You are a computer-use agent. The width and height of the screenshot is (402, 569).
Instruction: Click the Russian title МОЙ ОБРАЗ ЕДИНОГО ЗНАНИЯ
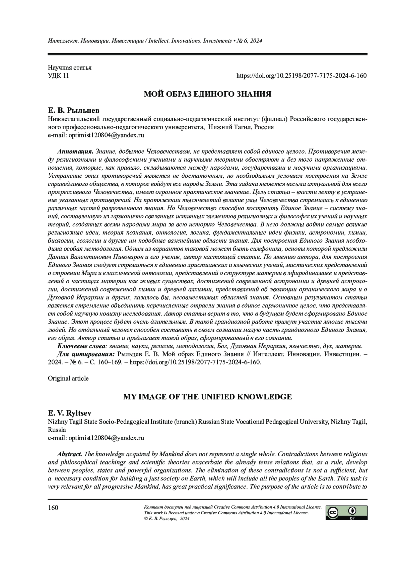click(207, 94)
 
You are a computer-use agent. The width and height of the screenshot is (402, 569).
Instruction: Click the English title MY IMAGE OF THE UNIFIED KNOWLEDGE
click(207, 397)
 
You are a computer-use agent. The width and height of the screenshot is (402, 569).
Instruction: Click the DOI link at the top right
click(301, 76)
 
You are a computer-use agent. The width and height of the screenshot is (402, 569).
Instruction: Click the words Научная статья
click(70, 68)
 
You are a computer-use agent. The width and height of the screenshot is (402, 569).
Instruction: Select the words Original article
click(68, 379)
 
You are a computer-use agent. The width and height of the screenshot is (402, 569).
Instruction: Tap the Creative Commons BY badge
click(347, 513)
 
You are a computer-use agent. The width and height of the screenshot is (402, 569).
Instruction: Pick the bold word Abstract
click(70, 454)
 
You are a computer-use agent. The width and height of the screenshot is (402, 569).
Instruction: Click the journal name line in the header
click(155, 41)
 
